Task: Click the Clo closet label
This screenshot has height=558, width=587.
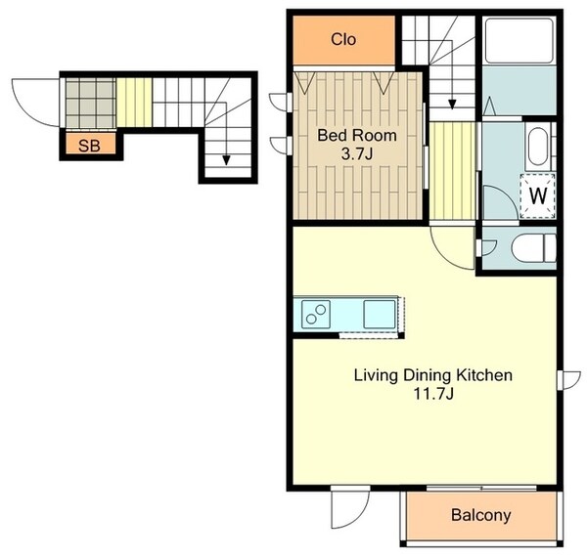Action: click(x=343, y=39)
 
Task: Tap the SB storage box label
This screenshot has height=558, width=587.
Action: click(x=89, y=145)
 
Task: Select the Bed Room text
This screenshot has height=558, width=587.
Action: click(x=357, y=135)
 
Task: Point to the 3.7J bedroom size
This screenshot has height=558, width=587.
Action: click(x=357, y=153)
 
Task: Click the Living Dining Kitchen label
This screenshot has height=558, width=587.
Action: click(x=433, y=375)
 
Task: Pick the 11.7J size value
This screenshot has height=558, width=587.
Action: click(x=433, y=394)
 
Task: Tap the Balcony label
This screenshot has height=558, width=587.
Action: click(x=480, y=515)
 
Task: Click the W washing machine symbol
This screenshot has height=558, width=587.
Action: click(x=538, y=195)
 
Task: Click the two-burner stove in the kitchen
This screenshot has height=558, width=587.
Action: click(x=316, y=314)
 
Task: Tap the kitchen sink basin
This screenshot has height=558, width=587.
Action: click(x=380, y=314)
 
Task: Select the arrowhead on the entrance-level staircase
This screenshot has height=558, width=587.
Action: click(x=226, y=161)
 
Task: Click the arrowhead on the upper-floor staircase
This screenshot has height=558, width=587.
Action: click(x=452, y=105)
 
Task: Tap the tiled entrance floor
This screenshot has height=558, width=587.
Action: click(x=91, y=103)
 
